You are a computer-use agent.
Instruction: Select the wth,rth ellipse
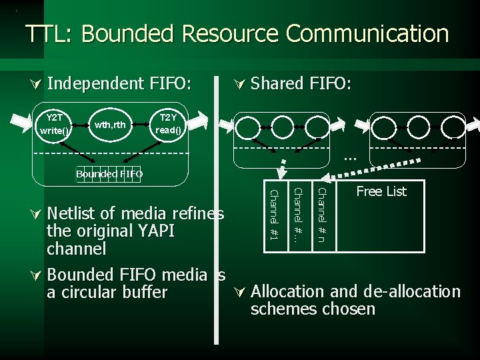coord(109,124)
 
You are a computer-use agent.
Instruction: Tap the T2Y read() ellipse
coord(168,124)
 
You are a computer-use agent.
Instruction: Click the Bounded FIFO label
coord(109,174)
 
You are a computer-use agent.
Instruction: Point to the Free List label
coord(381,192)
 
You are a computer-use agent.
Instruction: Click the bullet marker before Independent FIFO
coord(37,84)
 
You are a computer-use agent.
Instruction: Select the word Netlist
coord(73,214)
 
